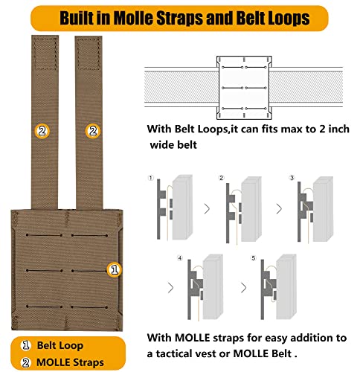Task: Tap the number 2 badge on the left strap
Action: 42,131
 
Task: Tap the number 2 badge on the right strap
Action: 93,131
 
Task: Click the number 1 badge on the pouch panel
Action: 115,269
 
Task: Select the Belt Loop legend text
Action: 60,345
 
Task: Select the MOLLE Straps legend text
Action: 70,362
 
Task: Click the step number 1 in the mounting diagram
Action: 151,178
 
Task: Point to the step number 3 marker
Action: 292,178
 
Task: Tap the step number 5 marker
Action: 253,258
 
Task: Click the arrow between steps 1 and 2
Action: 207,209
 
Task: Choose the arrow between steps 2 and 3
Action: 279,209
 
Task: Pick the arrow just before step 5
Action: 244,288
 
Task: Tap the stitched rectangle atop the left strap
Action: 45,54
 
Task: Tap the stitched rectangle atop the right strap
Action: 89,54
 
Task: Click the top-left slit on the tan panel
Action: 44,235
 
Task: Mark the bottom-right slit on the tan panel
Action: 89,307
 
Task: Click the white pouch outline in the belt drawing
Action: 244,88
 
